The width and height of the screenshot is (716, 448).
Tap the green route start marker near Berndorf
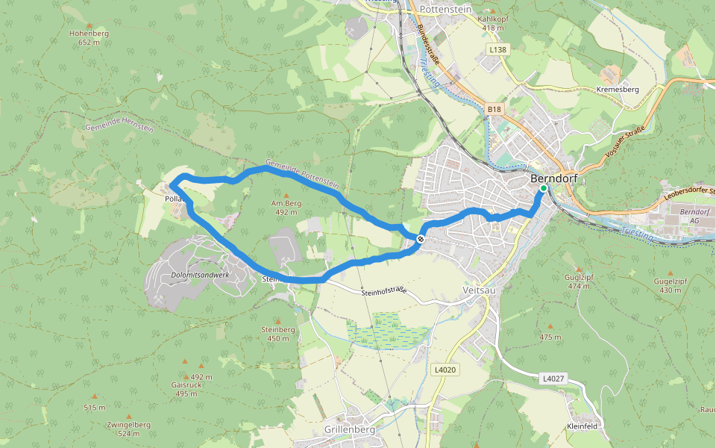coord(544,189)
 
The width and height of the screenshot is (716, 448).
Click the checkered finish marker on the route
coord(421,239)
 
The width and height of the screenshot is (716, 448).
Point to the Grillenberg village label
coord(350,431)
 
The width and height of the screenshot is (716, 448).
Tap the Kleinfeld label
coord(582,426)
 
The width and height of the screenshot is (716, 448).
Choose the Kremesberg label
coord(618,89)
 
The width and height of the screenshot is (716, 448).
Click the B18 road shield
coord(494,110)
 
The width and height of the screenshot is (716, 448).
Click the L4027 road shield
coord(553,379)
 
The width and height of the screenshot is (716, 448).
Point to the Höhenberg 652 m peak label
coord(89,38)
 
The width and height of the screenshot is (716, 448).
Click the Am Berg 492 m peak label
coord(285,207)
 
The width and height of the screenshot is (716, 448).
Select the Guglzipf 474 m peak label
coord(578,281)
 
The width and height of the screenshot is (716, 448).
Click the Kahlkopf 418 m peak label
coord(489,23)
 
